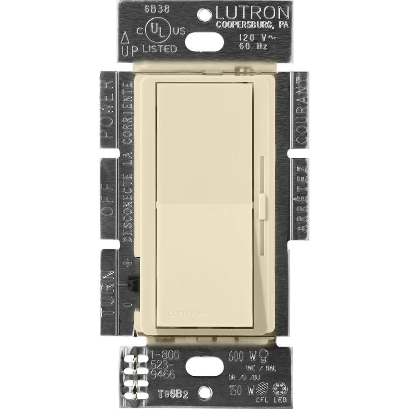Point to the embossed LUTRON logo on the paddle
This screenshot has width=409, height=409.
pos(190,314)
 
